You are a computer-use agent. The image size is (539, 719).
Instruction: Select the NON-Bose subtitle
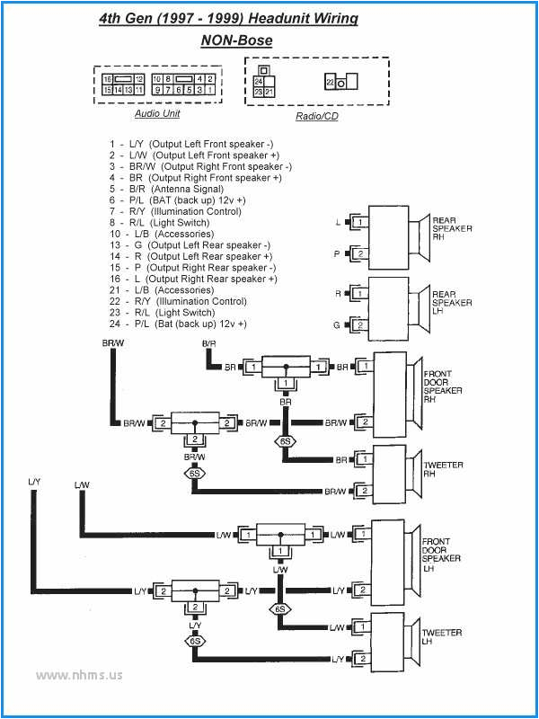point(236,40)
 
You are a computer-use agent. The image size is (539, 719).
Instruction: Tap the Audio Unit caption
point(157,113)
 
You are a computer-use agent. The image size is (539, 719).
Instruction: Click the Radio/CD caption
point(316,117)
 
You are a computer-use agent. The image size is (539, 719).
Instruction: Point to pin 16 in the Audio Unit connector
point(107,79)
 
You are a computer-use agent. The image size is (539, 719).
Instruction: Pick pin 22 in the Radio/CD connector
point(330,82)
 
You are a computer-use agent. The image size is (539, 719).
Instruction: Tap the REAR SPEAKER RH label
point(452,228)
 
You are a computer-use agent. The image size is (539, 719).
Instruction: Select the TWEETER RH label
point(443,470)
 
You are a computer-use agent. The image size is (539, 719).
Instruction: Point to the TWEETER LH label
point(443,638)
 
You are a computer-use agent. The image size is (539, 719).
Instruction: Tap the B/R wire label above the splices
point(208,344)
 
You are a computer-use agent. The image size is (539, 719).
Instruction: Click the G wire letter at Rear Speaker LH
point(338,324)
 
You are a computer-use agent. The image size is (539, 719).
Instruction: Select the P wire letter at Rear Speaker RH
point(338,254)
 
